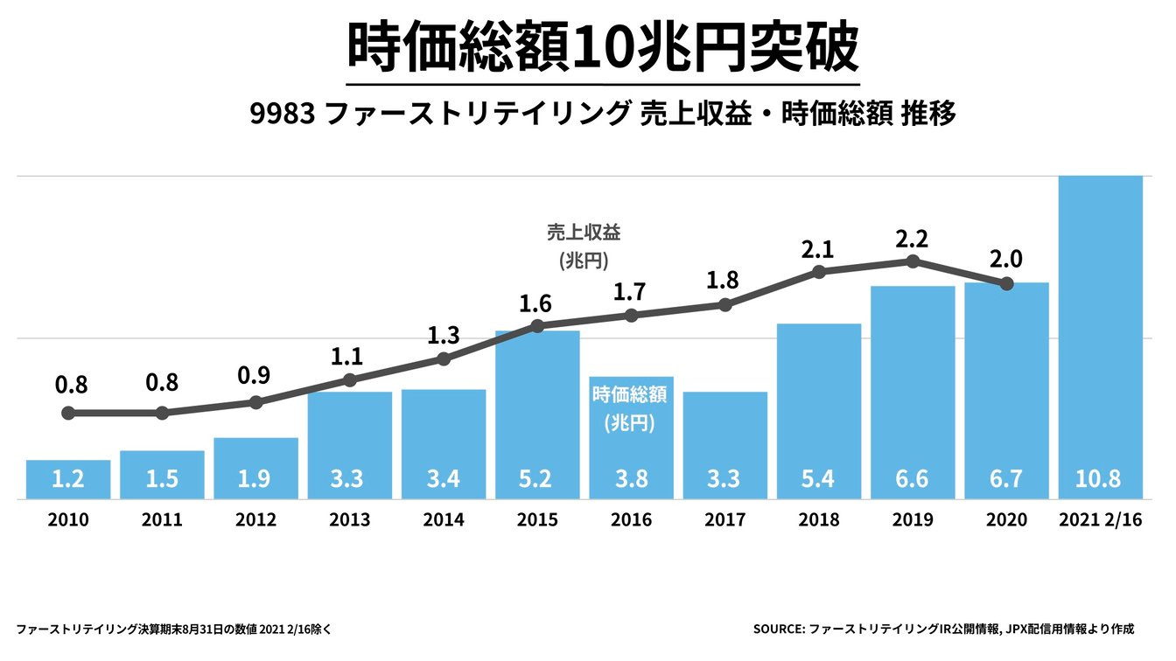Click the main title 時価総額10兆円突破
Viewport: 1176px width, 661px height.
(603, 49)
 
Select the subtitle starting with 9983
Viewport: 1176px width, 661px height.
(603, 115)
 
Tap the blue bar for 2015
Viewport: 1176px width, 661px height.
(537, 411)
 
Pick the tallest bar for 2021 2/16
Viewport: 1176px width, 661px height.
(1100, 332)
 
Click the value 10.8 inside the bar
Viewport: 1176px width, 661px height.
(1100, 479)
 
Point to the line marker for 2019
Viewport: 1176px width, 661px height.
(913, 261)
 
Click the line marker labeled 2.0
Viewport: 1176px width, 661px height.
(1006, 283)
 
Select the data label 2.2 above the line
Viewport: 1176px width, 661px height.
(912, 238)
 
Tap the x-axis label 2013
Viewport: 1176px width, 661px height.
(350, 520)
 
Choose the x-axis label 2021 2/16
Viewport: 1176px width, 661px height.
(1100, 520)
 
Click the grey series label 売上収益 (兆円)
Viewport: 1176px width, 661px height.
(583, 246)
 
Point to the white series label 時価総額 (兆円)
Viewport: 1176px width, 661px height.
(630, 408)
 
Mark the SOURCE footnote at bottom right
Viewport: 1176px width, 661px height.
(942, 628)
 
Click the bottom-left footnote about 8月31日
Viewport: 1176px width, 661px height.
(173, 628)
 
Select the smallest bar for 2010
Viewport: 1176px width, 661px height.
(68, 479)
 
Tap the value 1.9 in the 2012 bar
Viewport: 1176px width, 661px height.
(255, 479)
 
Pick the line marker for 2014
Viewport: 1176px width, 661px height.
(444, 359)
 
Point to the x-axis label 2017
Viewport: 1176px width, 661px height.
(724, 520)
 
